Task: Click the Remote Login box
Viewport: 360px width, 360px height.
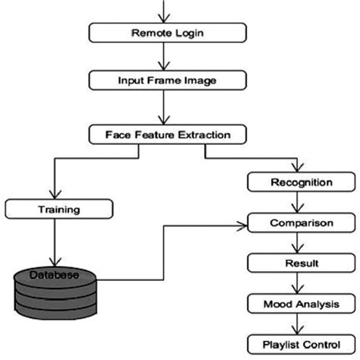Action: coord(166,33)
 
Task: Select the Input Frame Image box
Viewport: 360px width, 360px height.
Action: coord(166,78)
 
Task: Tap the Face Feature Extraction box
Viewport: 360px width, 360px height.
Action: coord(166,135)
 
